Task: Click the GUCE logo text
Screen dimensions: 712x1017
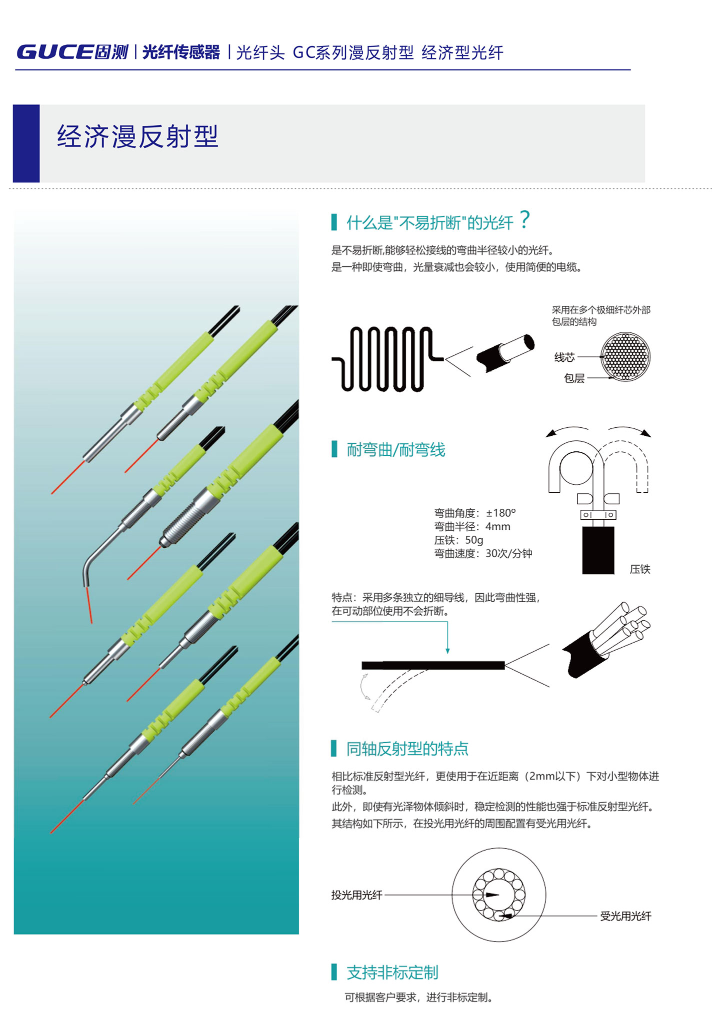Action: point(55,52)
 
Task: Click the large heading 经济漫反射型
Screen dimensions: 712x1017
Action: point(137,136)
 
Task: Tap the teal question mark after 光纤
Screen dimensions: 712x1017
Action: point(524,220)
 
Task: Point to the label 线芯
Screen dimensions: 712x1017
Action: point(564,357)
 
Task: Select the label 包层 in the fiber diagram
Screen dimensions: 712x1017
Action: point(574,378)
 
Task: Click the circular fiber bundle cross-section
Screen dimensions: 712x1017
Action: point(625,356)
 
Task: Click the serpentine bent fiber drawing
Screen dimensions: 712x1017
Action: point(387,359)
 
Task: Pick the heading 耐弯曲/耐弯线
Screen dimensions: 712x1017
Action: point(396,450)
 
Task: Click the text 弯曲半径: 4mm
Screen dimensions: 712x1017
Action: point(472,526)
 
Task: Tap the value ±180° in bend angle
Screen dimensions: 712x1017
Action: point(501,513)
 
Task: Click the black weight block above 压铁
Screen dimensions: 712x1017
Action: point(598,550)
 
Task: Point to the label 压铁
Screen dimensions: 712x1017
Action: point(640,569)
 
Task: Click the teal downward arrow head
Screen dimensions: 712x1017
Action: point(447,651)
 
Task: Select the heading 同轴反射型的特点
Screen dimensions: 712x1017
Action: point(407,749)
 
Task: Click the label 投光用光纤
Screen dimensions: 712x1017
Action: point(356,895)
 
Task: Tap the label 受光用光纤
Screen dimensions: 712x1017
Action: point(625,916)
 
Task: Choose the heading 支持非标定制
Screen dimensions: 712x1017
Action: point(392,973)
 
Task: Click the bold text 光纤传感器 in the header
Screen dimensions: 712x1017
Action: point(181,52)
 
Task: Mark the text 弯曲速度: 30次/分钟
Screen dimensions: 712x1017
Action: point(483,553)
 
